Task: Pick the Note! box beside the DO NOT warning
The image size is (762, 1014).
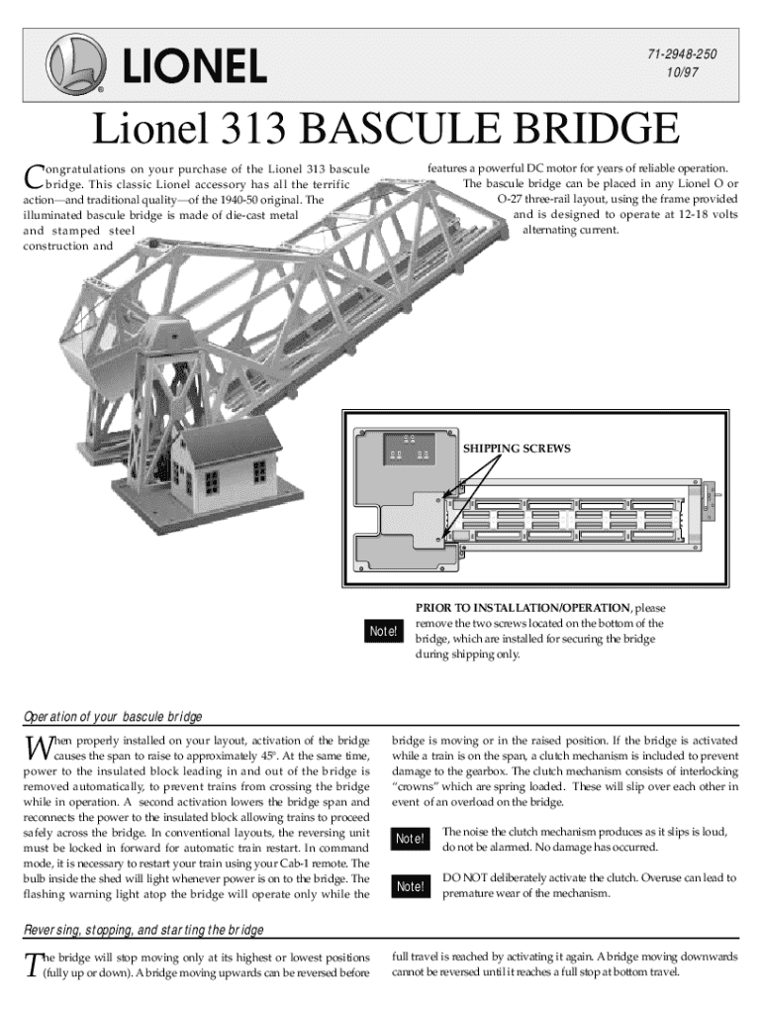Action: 411,886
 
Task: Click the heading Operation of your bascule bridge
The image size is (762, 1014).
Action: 113,716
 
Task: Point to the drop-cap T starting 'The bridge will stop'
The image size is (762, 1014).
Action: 32,963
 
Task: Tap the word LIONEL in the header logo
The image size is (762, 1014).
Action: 195,66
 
